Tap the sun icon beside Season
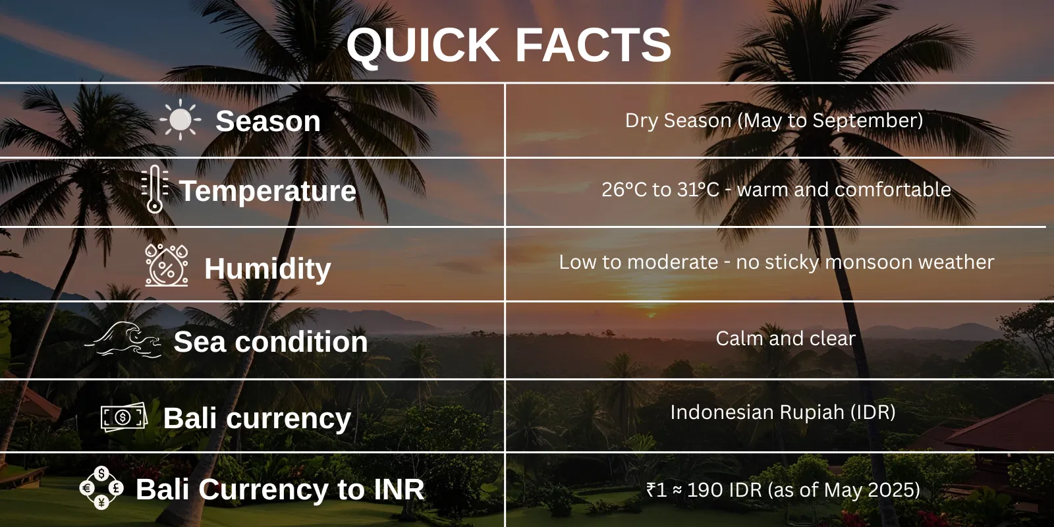point(180,121)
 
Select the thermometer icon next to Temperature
point(154,189)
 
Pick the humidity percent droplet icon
point(166,265)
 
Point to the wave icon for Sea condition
point(125,340)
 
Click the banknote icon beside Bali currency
point(123,417)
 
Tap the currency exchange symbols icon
point(101,488)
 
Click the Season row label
point(268,121)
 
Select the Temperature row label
point(267,191)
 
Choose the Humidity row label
point(267,269)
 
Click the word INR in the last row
point(399,489)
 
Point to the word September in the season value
point(867,121)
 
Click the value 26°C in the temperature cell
point(624,190)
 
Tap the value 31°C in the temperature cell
point(698,190)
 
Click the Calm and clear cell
point(785,339)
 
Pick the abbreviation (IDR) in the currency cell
point(873,412)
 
